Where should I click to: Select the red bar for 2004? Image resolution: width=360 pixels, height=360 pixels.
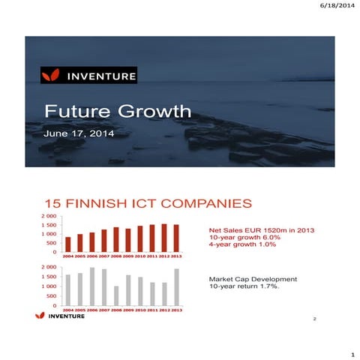(68, 244)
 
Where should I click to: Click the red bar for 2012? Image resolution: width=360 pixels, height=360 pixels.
(163, 238)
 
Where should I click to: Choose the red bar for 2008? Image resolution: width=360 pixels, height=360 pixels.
(116, 239)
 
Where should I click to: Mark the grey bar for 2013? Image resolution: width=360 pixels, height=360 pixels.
(175, 287)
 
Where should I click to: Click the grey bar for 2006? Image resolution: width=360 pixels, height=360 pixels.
(92, 286)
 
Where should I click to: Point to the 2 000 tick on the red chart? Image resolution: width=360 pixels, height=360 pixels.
(48, 216)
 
